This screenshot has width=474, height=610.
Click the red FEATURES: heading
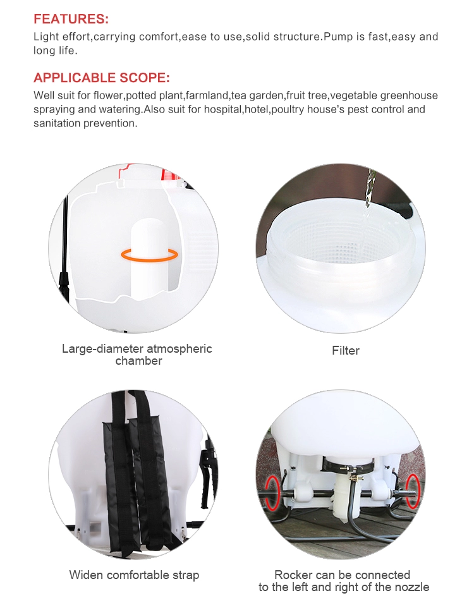71,19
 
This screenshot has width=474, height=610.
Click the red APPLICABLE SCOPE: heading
102,77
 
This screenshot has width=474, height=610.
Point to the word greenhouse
409,95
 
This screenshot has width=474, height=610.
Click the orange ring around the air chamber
150,255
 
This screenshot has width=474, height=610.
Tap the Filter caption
346,351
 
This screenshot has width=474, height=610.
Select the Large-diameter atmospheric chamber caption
137,355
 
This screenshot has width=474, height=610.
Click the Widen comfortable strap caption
134,575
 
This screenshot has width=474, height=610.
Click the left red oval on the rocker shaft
272,492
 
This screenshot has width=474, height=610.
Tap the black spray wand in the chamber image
65,249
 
